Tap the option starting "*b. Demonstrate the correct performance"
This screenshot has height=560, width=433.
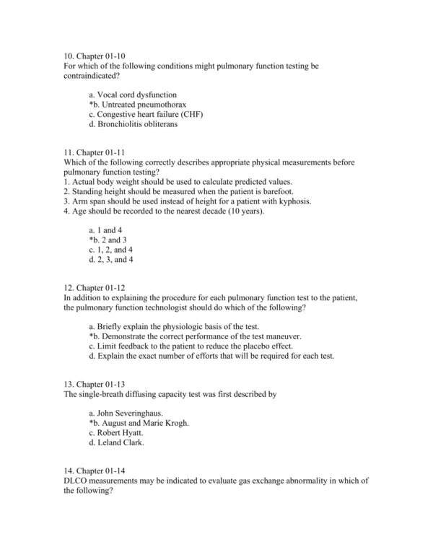point(195,336)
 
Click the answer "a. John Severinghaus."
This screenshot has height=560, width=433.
point(126,414)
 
